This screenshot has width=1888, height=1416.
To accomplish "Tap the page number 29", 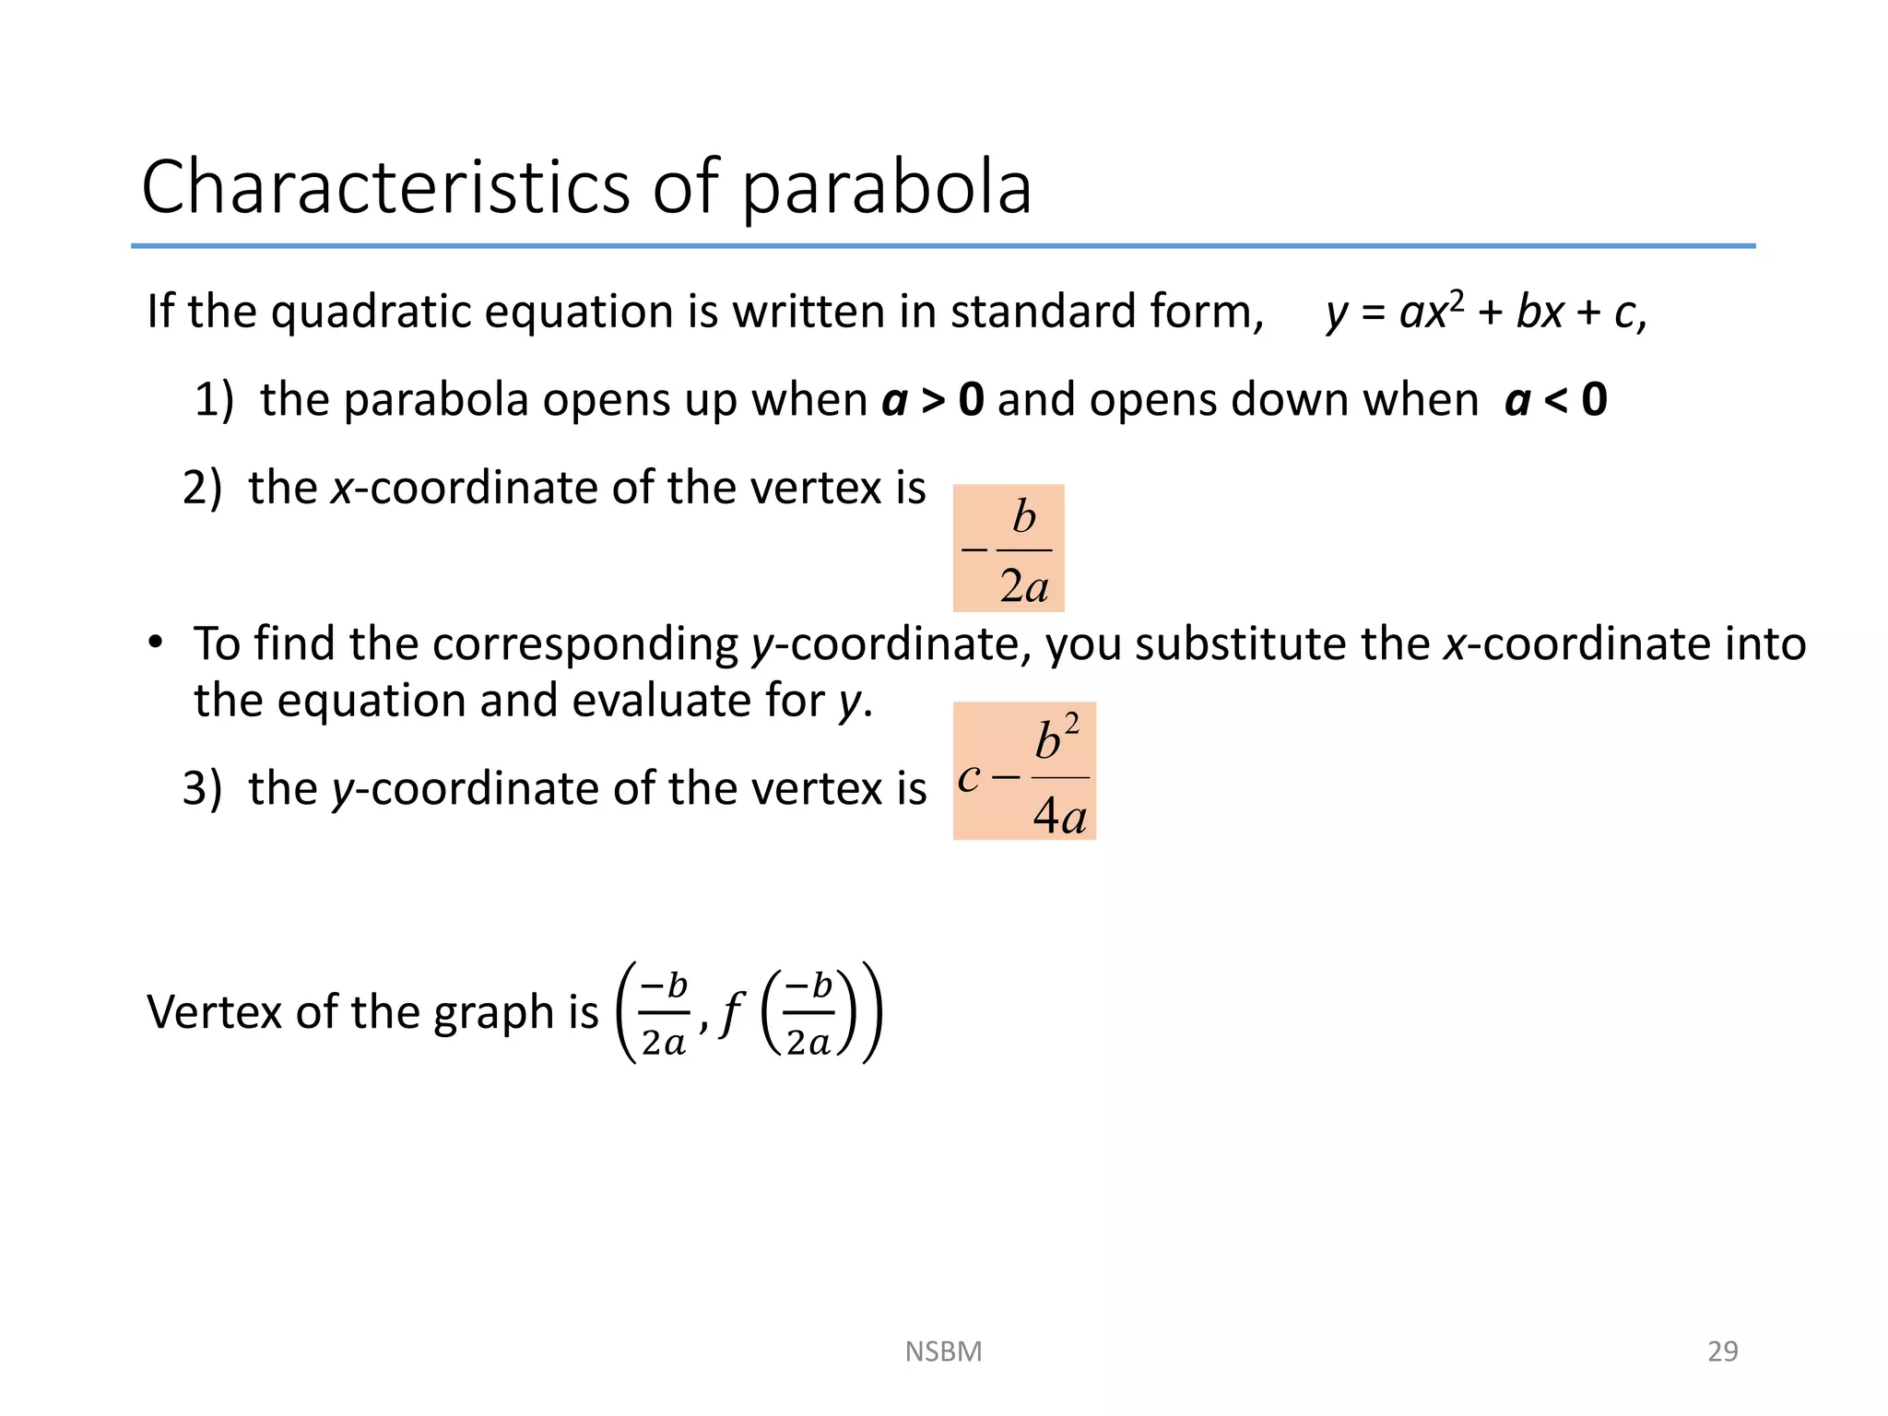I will coord(1722,1351).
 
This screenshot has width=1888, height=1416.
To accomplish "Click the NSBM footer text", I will coord(943,1351).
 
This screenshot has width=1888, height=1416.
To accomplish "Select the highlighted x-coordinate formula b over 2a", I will coord(1009,549).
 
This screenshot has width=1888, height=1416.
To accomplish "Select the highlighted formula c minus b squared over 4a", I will coord(1024,772).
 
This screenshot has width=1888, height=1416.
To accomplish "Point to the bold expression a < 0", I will coord(1556,400).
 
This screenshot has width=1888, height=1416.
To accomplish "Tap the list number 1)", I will coord(214,401).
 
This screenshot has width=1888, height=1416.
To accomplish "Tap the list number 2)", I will coord(203,489).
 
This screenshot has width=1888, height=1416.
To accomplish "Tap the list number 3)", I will coord(203,790).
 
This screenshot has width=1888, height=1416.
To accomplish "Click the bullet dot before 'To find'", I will coord(156,642).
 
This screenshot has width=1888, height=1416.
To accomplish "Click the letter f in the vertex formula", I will coord(731,1013).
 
